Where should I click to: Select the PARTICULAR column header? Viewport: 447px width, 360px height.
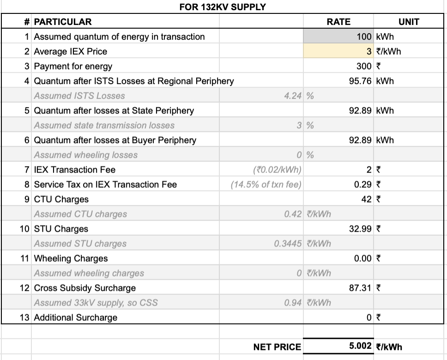[63, 22]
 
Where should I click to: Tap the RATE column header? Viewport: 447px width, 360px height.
[338, 22]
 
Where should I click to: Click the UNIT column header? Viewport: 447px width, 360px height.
[408, 22]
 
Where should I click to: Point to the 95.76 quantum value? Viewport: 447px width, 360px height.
[360, 81]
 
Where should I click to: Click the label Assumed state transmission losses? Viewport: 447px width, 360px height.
[104, 125]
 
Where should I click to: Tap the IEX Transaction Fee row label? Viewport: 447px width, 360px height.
[75, 169]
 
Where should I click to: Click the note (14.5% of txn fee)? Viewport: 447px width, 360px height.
[266, 184]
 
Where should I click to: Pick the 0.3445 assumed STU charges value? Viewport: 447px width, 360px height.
[288, 243]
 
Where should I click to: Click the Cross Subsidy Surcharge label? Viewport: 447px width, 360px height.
[85, 288]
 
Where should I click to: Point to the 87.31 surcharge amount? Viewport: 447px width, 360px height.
[360, 288]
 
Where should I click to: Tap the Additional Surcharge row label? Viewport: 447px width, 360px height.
[76, 317]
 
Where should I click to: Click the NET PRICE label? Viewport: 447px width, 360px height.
[277, 347]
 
